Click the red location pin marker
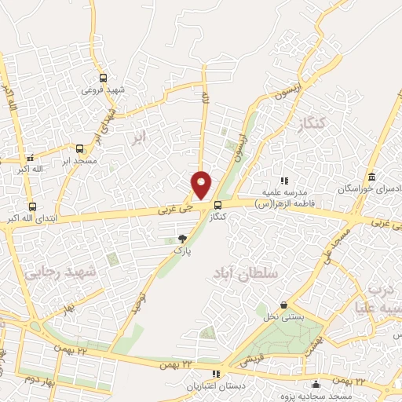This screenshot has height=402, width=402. pos(202,184)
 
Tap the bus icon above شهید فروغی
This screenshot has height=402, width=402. pos(104,78)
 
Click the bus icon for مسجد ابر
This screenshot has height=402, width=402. pos(80,148)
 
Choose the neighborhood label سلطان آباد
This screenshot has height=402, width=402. pos(245,274)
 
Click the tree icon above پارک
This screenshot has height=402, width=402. pos(183,238)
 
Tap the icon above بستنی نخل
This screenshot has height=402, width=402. pos(283,305)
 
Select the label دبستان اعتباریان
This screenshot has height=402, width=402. pos(216,386)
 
